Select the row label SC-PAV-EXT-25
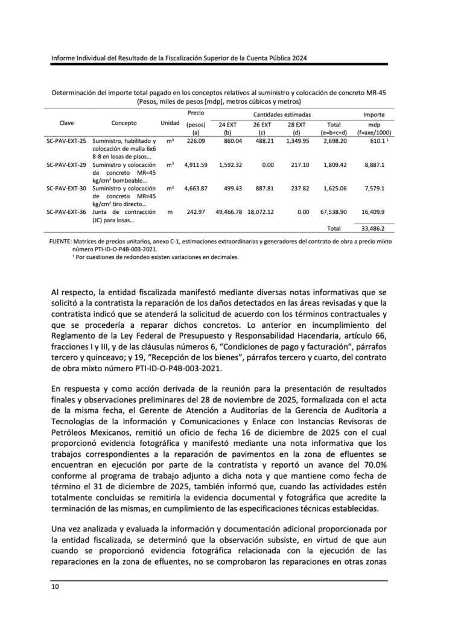(x=66, y=140)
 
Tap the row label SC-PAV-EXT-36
(x=66, y=211)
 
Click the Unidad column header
(x=170, y=122)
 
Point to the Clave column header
(x=66, y=122)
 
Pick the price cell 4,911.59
(x=196, y=164)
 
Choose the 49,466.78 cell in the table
(x=228, y=211)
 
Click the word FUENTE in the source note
(x=60, y=241)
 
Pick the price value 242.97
(x=196, y=211)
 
